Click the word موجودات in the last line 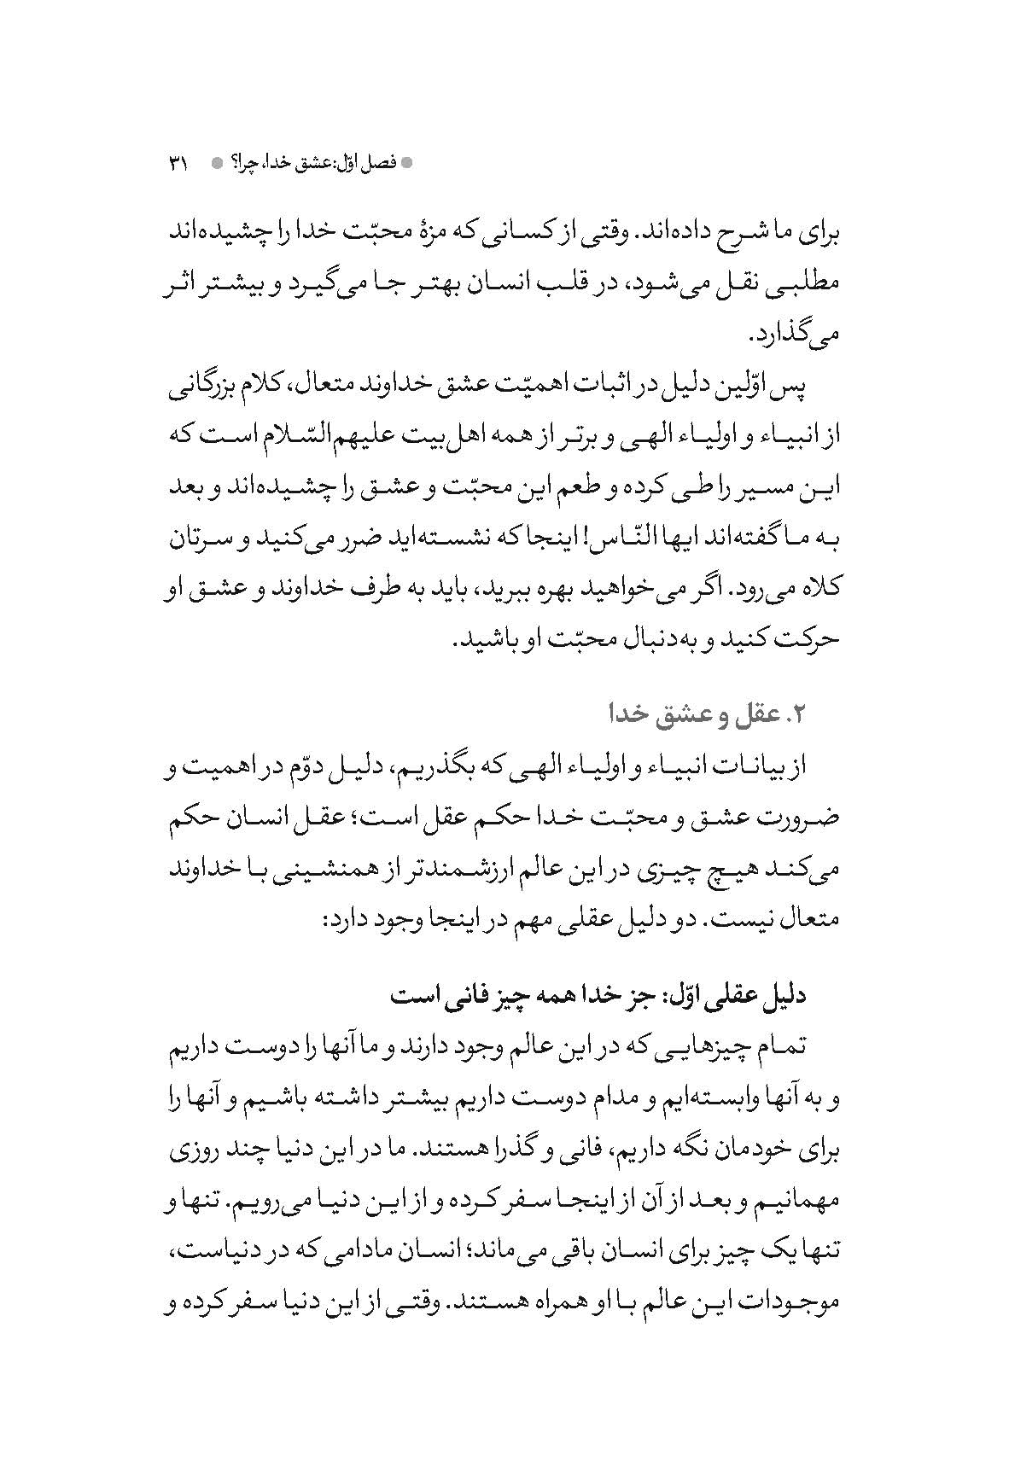tap(792, 1304)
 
